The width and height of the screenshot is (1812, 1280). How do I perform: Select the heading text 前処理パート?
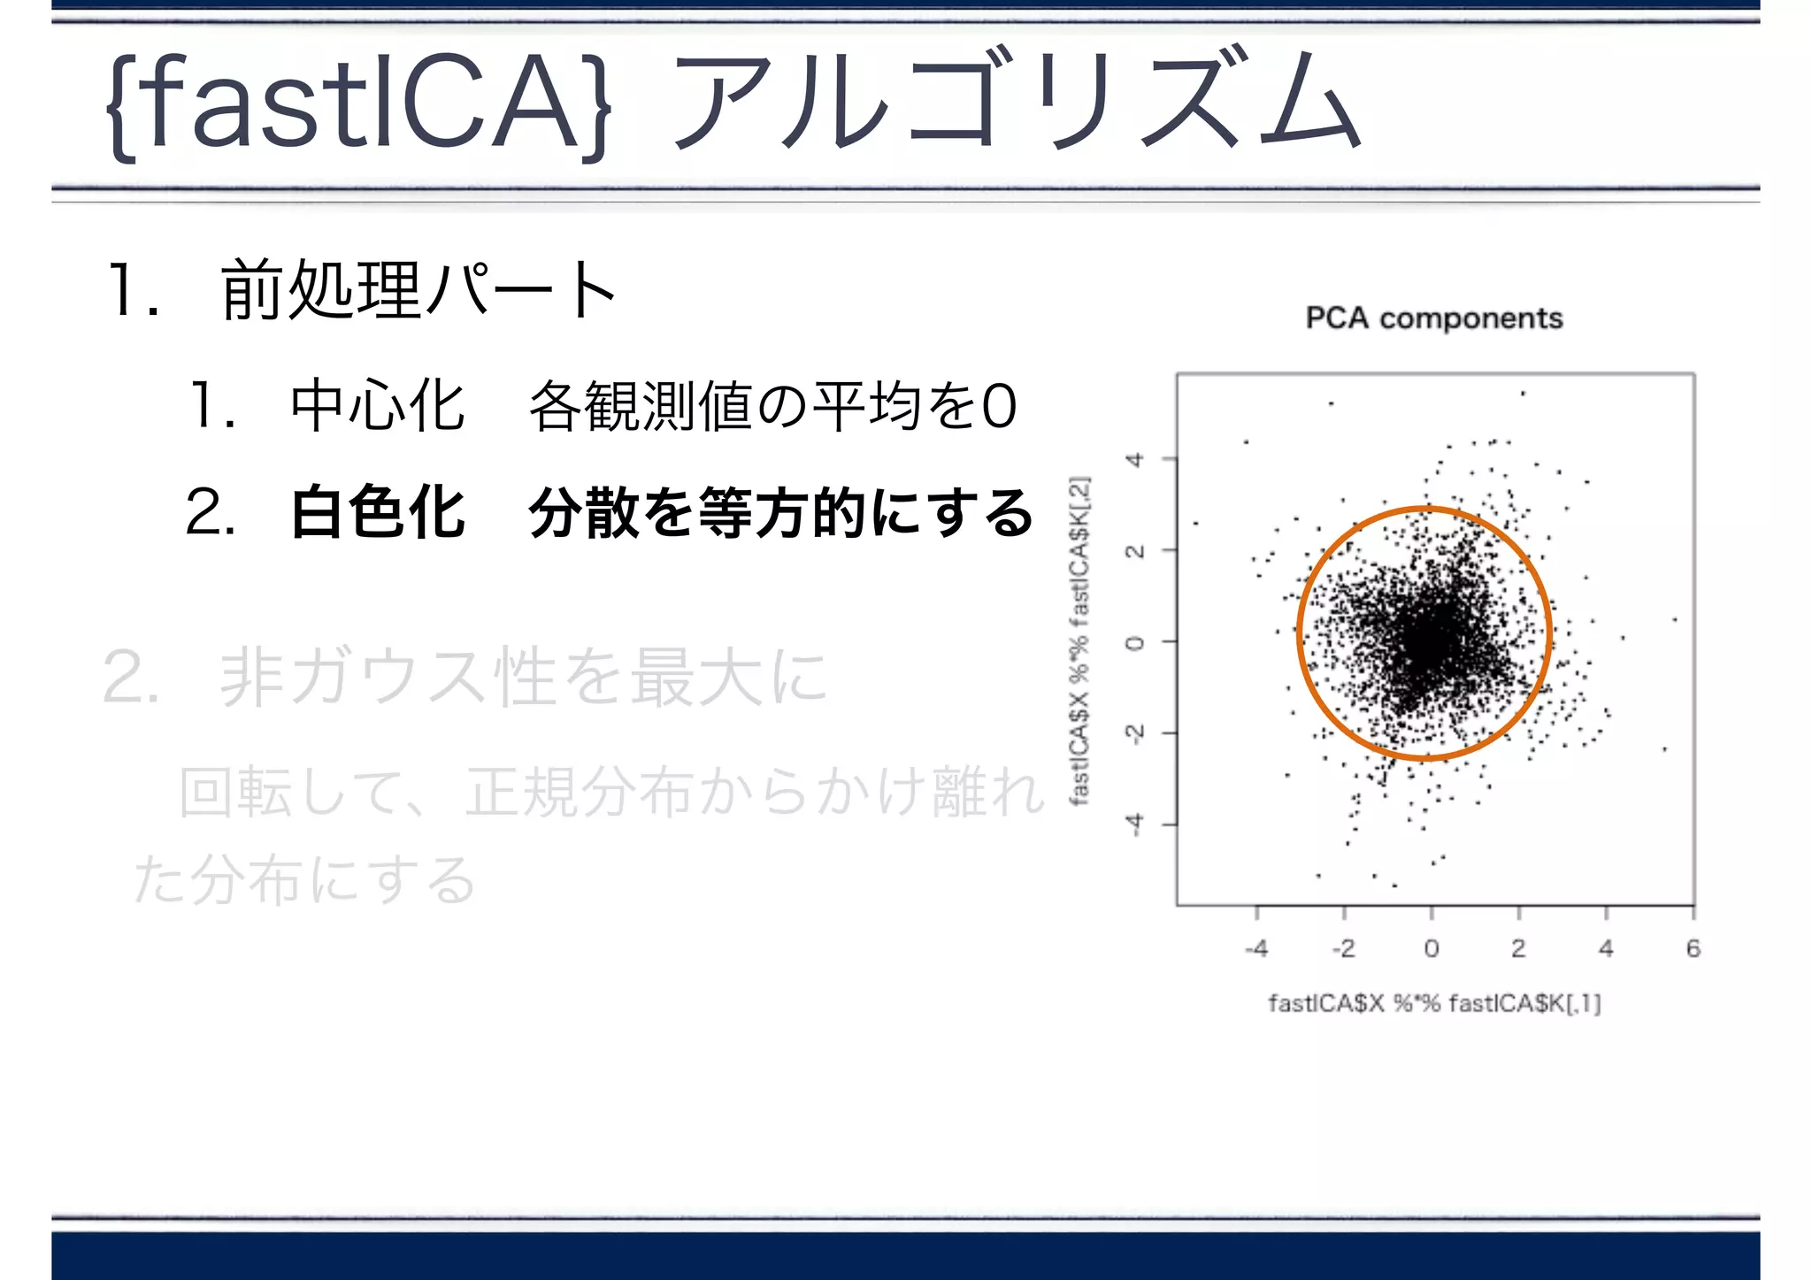pos(418,290)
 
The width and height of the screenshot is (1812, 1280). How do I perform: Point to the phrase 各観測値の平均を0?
pos(772,406)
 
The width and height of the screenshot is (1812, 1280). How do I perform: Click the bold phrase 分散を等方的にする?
pos(780,512)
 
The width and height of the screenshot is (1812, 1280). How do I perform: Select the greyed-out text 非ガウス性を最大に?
pos(524,677)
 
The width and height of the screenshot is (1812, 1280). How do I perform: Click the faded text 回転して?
pos(292,792)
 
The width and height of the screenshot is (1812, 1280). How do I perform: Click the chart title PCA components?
pos(1434,318)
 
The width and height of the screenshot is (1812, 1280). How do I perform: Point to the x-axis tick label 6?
pos(1693,949)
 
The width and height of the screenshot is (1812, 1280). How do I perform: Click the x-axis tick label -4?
pos(1256,949)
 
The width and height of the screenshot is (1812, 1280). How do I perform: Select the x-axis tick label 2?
pos(1518,949)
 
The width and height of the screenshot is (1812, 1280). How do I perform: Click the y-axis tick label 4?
pos(1134,459)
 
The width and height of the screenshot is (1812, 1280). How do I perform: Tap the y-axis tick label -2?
pos(1134,733)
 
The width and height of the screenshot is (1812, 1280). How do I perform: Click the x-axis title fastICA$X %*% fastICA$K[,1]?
pos(1434,1003)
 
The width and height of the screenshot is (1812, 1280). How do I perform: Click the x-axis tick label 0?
pos(1432,949)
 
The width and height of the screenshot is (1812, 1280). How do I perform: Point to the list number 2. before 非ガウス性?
pos(131,677)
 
